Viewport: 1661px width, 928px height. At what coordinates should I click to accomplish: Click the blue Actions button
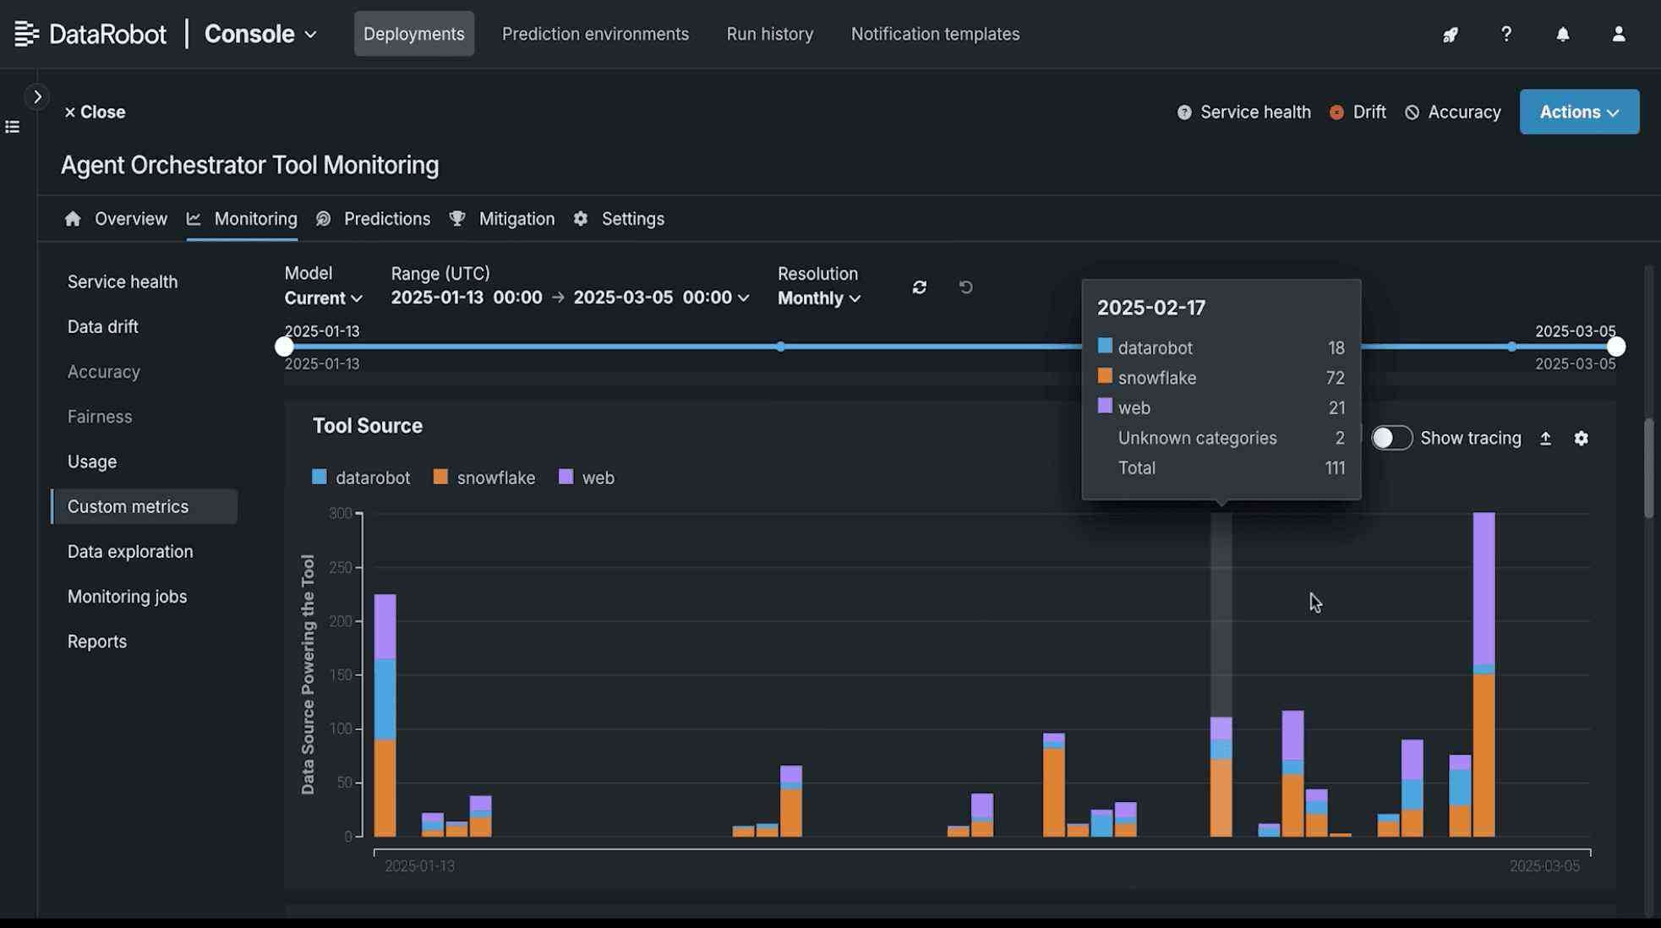pos(1578,112)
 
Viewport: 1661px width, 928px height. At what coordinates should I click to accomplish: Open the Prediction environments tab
pos(595,35)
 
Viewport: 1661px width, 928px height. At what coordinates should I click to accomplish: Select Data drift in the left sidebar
pos(103,327)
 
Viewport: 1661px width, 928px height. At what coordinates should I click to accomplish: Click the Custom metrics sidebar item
pos(128,507)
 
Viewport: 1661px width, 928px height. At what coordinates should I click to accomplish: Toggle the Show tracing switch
pos(1391,439)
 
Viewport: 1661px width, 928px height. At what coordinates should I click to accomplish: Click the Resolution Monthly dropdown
pos(818,298)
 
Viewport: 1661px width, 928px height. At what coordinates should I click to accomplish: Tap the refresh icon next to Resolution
pos(920,288)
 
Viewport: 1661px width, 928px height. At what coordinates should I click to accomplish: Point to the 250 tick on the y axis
pos(341,568)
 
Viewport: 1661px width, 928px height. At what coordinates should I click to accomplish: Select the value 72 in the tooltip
pos(1335,378)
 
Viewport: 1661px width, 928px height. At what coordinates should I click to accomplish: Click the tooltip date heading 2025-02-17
pos(1151,308)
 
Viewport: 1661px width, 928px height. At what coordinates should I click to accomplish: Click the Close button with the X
pos(95,112)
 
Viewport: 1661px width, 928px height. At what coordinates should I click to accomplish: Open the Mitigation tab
pos(516,220)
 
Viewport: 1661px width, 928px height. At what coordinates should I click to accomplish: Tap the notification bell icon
pos(1562,35)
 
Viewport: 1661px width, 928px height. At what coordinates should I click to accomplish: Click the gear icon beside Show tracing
pos(1581,439)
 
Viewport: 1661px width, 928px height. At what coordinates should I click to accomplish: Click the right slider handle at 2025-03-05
pos(1615,347)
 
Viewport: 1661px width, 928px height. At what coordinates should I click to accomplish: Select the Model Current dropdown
pos(323,298)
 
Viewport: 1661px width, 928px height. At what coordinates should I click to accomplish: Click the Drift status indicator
pos(1358,112)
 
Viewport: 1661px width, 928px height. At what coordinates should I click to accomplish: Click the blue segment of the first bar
pos(385,699)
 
